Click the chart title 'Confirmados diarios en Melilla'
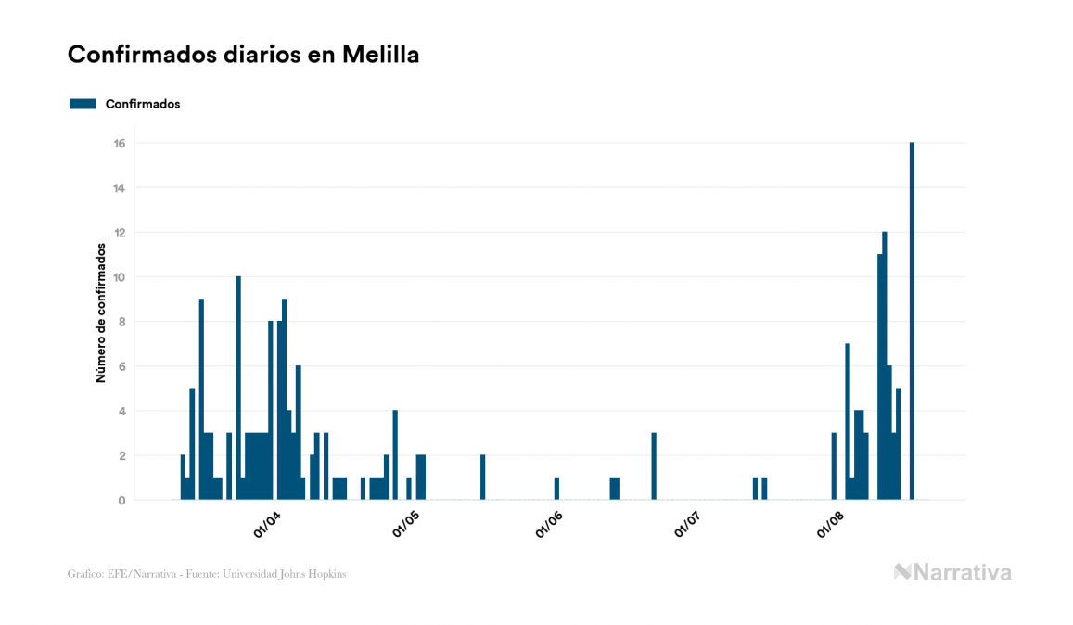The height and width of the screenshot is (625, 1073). tap(243, 55)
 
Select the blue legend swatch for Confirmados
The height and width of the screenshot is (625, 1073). tap(83, 104)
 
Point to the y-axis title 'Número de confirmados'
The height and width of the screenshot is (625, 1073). tap(100, 313)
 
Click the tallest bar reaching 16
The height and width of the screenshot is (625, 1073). tap(912, 321)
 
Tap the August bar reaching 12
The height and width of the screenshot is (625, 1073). tap(885, 365)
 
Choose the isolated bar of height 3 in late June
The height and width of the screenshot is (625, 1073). tap(654, 466)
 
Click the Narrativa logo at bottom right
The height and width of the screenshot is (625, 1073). tap(952, 572)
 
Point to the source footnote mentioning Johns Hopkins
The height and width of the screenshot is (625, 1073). tap(207, 574)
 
